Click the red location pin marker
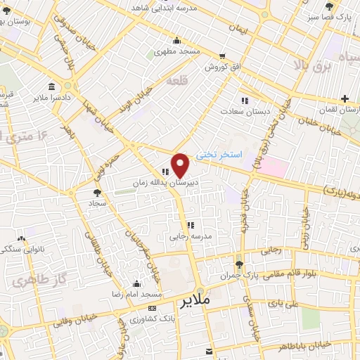pyautogui.click(x=181, y=165)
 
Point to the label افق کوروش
pyautogui.click(x=224, y=67)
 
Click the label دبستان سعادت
pyautogui.click(x=244, y=111)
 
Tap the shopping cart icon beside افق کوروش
pyautogui.click(x=223, y=56)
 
